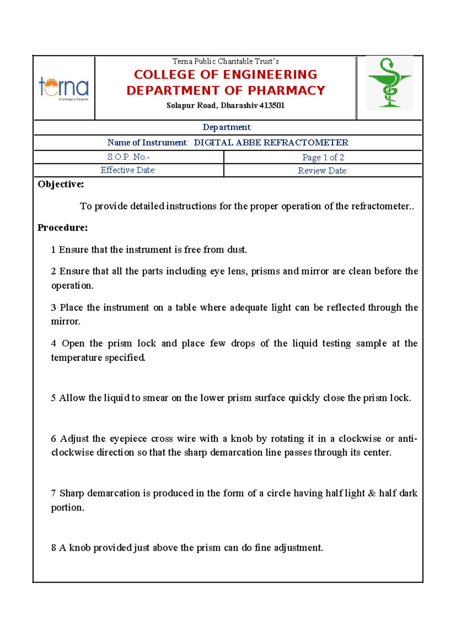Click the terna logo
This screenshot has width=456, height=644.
click(x=64, y=88)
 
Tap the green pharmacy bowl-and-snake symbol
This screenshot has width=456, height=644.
click(x=389, y=83)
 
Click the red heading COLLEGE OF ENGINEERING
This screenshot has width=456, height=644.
click(x=226, y=74)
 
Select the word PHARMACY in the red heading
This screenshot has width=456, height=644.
click(x=287, y=90)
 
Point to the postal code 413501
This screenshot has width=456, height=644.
click(x=272, y=106)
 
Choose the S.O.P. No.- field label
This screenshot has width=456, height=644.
click(x=128, y=157)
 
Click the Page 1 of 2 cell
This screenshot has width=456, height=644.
click(x=323, y=157)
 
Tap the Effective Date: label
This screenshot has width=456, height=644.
click(x=128, y=170)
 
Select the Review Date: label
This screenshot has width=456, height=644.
click(x=323, y=171)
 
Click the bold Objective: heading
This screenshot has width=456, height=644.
click(x=61, y=185)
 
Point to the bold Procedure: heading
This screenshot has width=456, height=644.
click(x=63, y=228)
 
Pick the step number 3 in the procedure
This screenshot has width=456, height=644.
click(x=54, y=308)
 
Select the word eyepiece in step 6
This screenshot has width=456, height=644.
click(x=128, y=439)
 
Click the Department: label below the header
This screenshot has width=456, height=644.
click(x=227, y=127)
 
